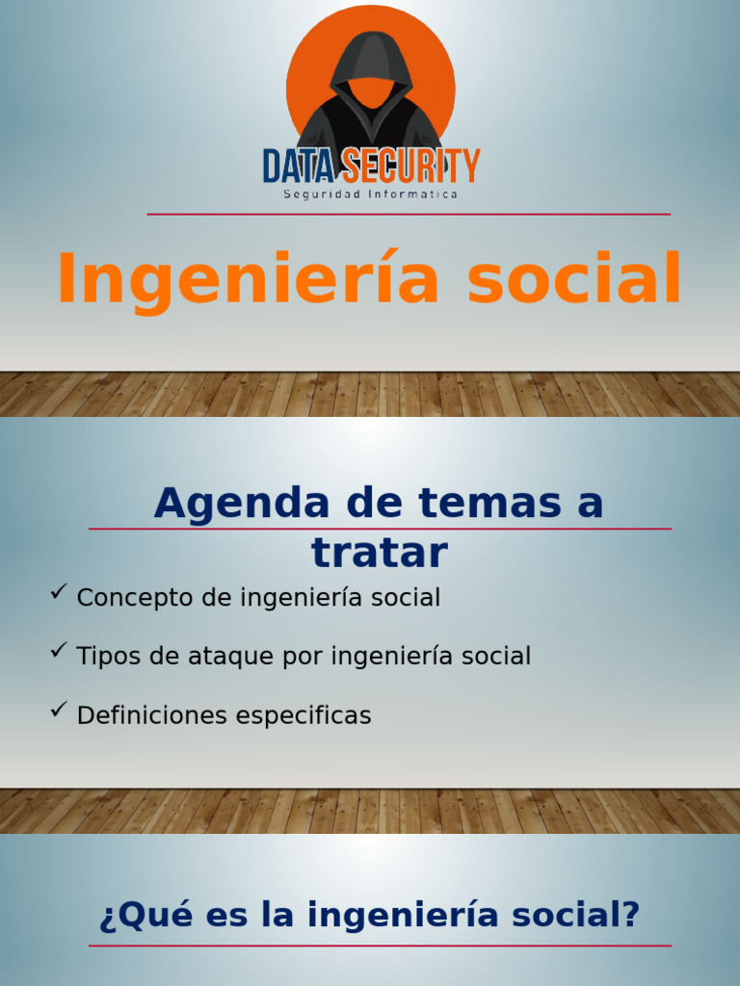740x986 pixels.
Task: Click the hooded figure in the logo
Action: pyautogui.click(x=370, y=96)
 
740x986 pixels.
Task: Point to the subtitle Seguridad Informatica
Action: pyautogui.click(x=370, y=195)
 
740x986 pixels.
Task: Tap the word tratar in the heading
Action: pyautogui.click(x=380, y=553)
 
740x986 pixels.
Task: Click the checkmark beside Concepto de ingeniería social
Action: pyautogui.click(x=58, y=591)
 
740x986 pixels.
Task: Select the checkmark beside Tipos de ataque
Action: pyautogui.click(x=58, y=650)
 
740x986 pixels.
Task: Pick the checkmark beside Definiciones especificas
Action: pyautogui.click(x=58, y=710)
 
